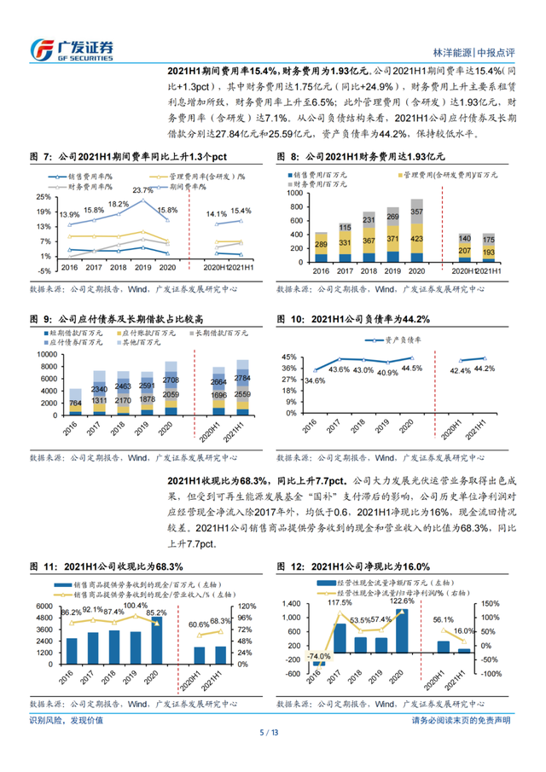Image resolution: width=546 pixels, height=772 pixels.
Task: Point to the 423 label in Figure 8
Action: (x=416, y=238)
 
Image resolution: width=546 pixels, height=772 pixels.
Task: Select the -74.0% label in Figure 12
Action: (x=321, y=656)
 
